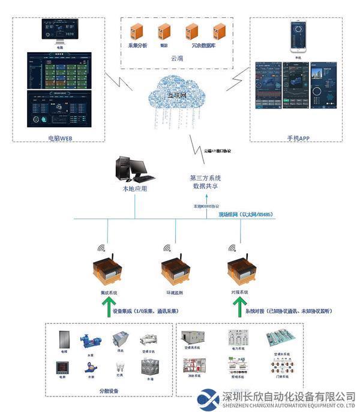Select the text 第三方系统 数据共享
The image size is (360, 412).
pos(205,182)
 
